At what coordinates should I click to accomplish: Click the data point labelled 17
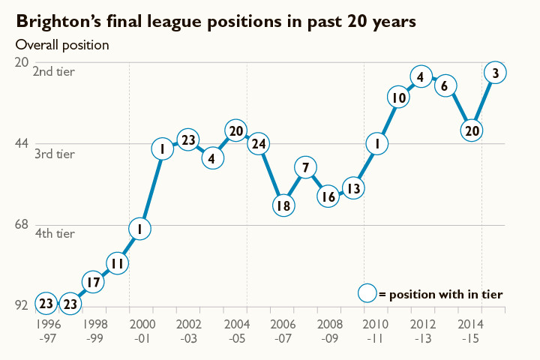coord(92,283)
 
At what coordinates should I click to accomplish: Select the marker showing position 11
coord(116,263)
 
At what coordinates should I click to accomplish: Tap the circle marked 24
coord(259,143)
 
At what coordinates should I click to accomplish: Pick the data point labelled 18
coord(283,205)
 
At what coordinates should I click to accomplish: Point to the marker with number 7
coord(305,167)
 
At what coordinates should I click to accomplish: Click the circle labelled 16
coord(328,197)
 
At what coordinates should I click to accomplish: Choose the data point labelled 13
coord(353,188)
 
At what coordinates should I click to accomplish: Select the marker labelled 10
coord(399,97)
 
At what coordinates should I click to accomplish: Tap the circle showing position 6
coord(445,86)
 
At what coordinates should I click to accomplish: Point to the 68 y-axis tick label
coord(24,225)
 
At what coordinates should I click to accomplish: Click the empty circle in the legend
coord(367,294)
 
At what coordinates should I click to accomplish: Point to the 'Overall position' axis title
coord(62,44)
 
